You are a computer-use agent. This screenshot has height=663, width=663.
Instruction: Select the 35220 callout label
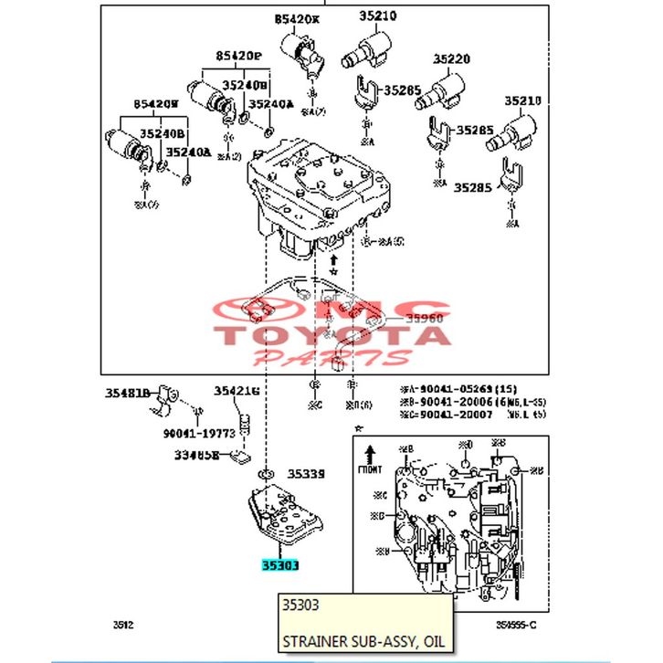coord(451,59)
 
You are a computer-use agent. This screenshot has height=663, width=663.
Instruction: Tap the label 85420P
coord(238,57)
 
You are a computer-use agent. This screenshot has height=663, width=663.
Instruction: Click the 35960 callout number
coord(424,319)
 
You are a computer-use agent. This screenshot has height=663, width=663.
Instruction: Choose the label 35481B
coord(126,393)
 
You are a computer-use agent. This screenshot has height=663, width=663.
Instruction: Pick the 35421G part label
coord(237,391)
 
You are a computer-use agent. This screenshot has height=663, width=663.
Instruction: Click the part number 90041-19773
coord(200,433)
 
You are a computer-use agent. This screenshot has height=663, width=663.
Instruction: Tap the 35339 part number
coord(306,474)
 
